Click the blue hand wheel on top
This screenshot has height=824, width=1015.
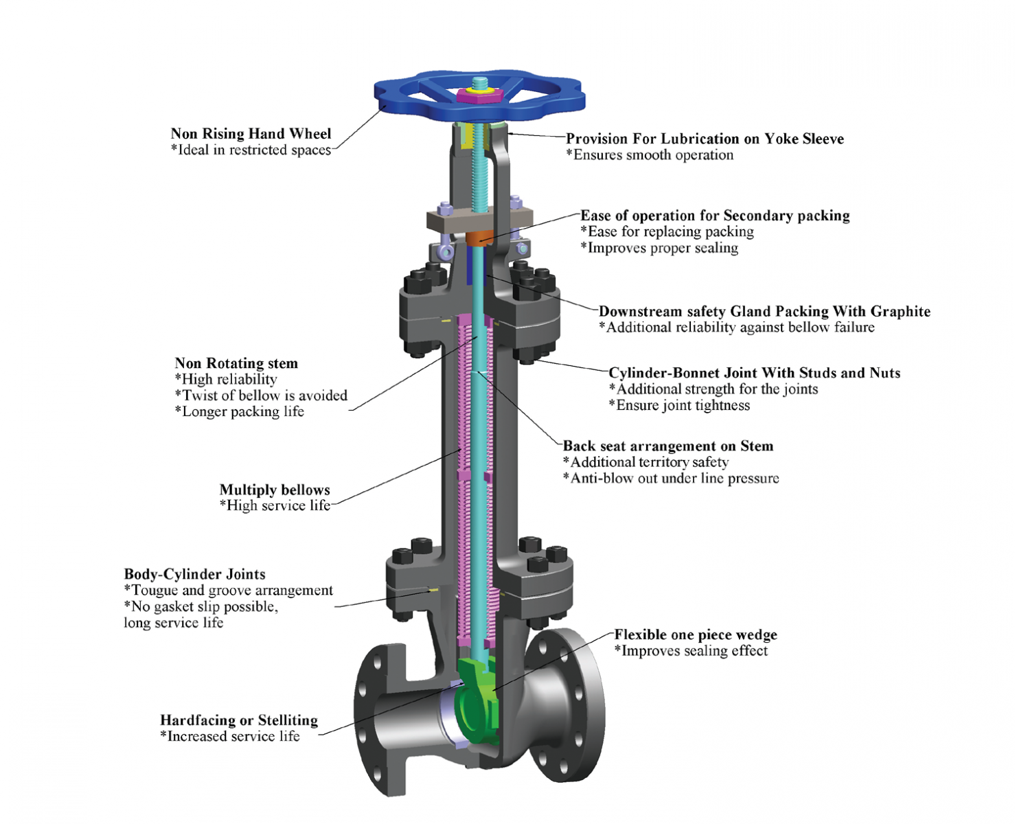tap(412, 95)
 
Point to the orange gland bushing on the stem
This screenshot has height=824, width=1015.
tap(479, 237)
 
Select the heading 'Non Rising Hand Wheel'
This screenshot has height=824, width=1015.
tap(251, 134)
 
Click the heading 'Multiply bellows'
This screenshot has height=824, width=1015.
tap(275, 490)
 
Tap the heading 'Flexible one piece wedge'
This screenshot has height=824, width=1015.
tap(695, 635)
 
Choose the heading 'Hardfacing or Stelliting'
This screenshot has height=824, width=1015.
tap(239, 720)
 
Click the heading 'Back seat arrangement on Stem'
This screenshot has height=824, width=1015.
tap(668, 446)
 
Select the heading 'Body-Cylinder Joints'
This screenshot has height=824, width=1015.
tap(194, 574)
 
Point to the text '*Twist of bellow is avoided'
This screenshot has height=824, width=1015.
tap(261, 396)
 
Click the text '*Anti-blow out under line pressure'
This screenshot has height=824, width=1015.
tap(671, 479)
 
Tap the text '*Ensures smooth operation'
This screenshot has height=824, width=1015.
tap(650, 155)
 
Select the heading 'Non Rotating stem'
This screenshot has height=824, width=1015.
tap(236, 363)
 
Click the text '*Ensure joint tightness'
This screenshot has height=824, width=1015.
tap(679, 405)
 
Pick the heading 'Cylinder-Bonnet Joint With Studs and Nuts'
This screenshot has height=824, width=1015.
tap(754, 373)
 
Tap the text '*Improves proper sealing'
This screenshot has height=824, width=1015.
tap(659, 248)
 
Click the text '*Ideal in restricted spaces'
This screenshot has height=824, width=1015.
tap(251, 150)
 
